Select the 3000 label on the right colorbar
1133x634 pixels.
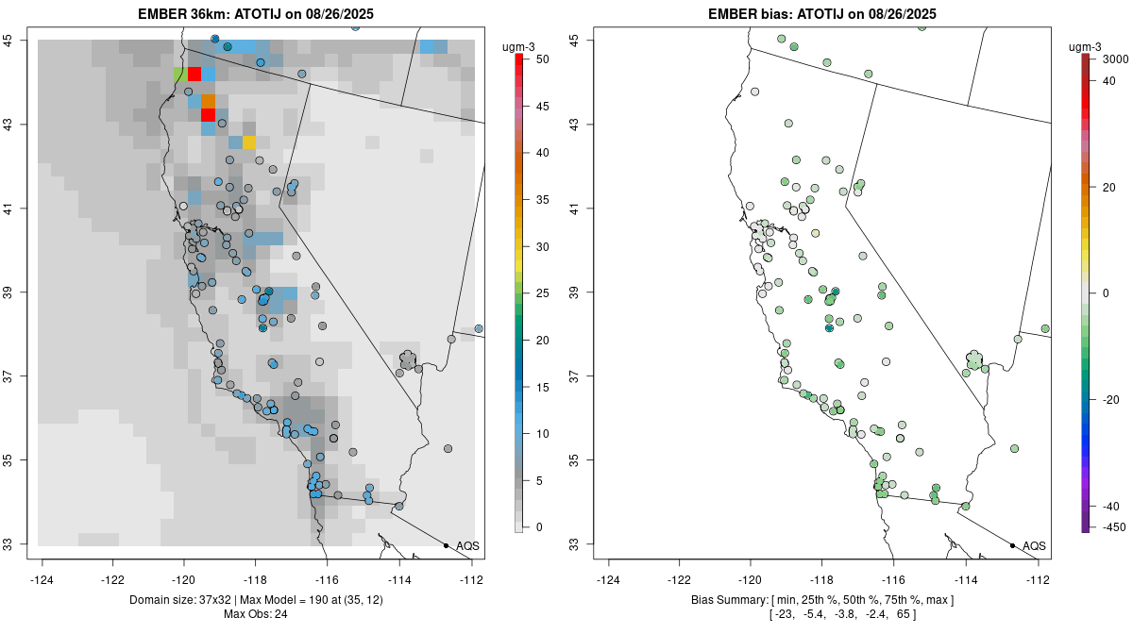(1115, 58)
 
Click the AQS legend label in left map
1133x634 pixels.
(467, 546)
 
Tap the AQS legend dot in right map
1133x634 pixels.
(1011, 545)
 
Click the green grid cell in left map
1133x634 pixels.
(179, 74)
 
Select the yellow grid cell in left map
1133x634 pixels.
(249, 142)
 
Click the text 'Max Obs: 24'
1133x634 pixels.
(255, 614)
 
